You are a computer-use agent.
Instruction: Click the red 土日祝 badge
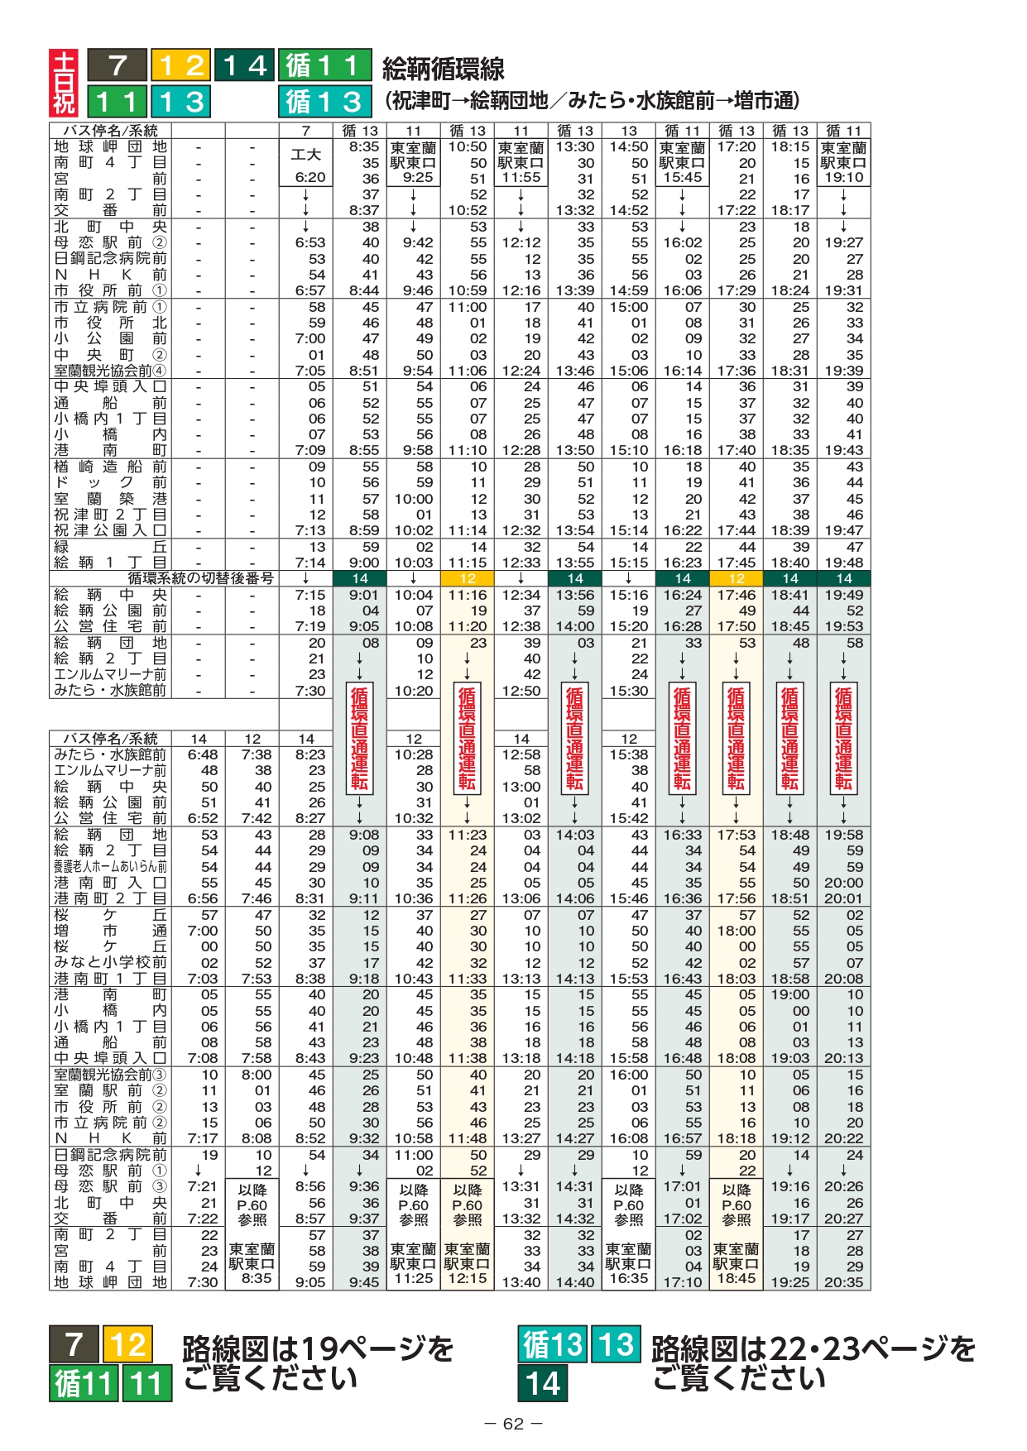click(64, 83)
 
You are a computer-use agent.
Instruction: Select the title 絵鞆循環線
click(443, 68)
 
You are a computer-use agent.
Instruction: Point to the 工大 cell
click(305, 155)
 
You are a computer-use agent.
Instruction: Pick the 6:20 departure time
click(310, 177)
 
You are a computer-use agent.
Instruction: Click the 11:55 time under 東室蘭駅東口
click(521, 177)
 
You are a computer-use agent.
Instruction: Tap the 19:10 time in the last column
click(843, 177)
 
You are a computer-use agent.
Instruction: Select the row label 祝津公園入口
click(110, 530)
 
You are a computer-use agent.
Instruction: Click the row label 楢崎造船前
click(110, 467)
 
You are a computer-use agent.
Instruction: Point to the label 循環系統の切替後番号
click(201, 578)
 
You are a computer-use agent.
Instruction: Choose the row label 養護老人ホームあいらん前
click(110, 866)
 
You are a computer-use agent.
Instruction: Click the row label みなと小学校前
click(110, 962)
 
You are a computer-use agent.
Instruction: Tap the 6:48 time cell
click(203, 754)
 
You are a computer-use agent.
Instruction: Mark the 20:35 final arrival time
click(843, 1282)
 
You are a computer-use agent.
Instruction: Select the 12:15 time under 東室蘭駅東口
click(468, 1278)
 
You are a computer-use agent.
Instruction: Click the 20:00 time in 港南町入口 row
click(843, 883)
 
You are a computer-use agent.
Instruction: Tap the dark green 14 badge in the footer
click(543, 1383)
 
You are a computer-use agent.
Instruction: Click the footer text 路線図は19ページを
click(318, 1348)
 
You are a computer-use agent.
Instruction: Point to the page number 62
click(513, 1424)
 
